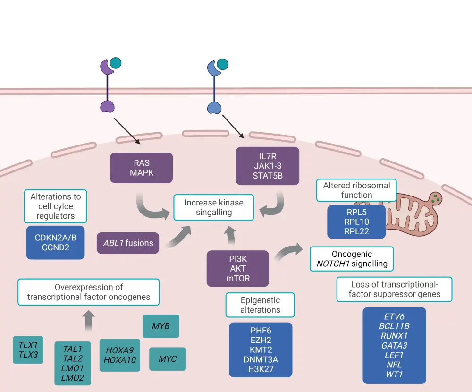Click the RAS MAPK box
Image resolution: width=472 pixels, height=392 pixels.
[142, 167]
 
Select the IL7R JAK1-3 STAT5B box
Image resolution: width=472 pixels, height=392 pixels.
[267, 165]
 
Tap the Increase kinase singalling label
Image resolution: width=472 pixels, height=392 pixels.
[214, 207]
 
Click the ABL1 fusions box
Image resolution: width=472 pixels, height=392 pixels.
[128, 243]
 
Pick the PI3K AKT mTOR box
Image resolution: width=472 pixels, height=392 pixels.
[238, 268]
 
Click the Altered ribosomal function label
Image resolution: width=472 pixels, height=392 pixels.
[356, 190]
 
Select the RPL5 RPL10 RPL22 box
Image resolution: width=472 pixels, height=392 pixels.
[356, 222]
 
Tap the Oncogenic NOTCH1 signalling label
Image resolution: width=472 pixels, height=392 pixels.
[352, 259]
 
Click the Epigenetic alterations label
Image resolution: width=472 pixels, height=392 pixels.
[260, 305]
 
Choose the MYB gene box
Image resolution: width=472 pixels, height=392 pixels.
[160, 326]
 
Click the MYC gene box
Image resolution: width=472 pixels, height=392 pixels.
[168, 359]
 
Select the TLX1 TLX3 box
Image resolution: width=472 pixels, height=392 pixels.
[28, 350]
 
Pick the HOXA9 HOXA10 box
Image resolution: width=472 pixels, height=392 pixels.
[120, 355]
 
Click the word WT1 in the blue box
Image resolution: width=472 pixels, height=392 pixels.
[394, 375]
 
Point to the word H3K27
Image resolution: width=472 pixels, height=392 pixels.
[260, 369]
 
